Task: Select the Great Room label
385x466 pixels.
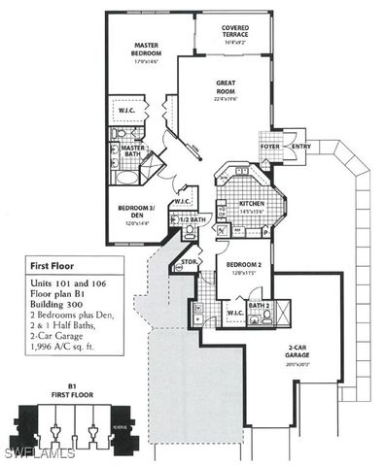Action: tap(227, 88)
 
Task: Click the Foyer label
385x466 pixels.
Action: tap(269, 148)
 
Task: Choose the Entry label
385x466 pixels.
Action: tap(299, 148)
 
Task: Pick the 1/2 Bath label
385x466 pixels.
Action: tap(194, 220)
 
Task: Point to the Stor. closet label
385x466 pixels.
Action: tap(190, 261)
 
